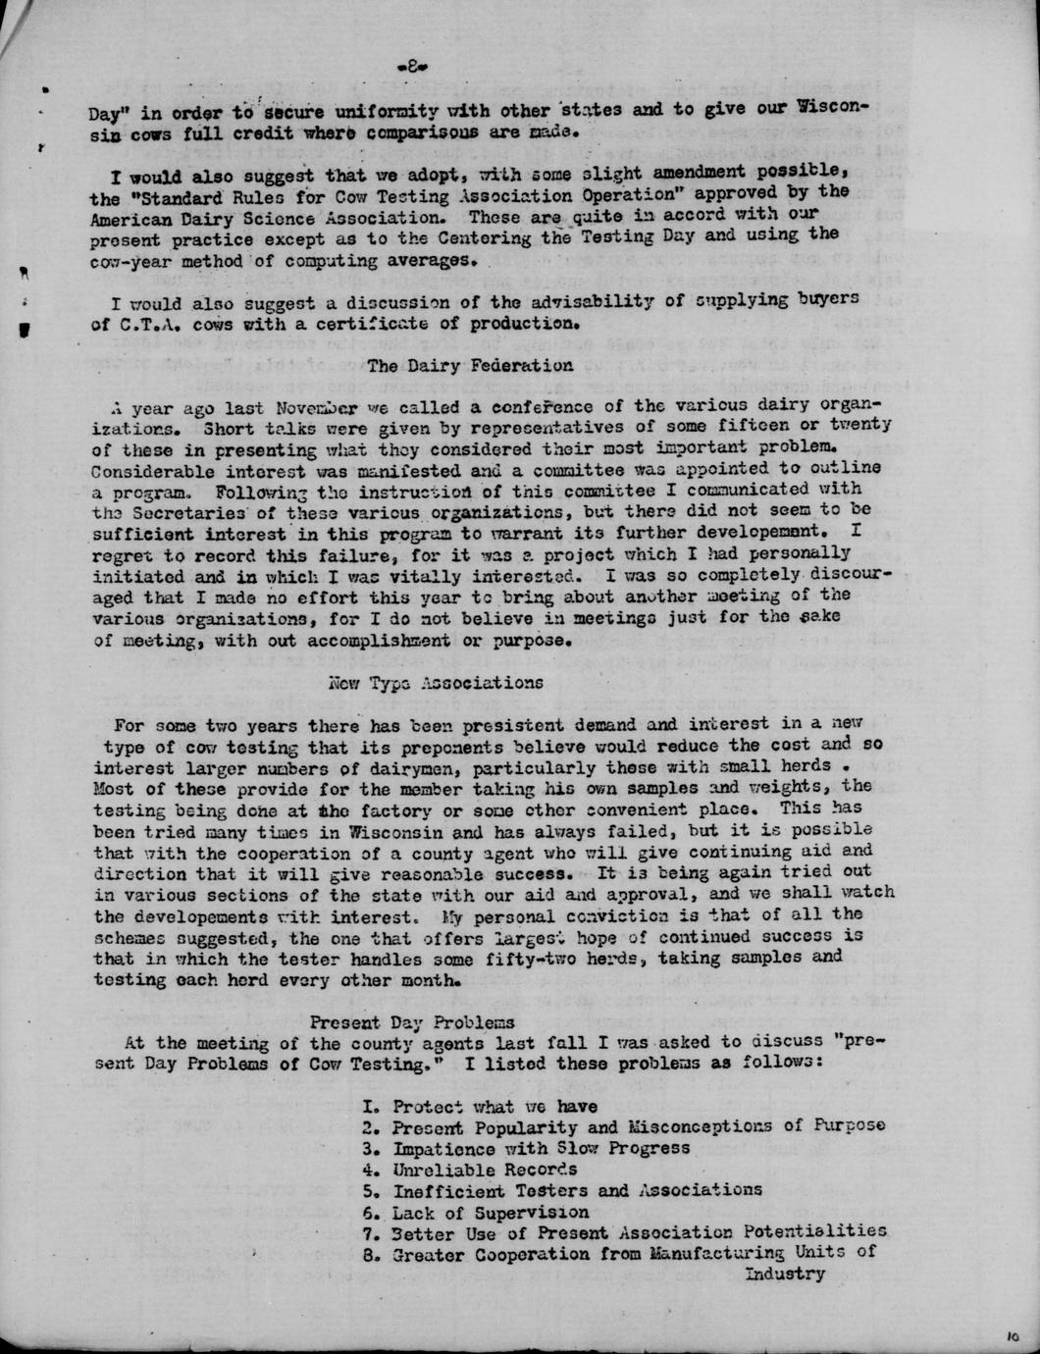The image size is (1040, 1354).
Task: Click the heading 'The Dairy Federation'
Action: (470, 366)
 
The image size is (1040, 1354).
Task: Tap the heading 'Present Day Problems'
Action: (412, 1022)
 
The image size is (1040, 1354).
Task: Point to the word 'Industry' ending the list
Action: (785, 1274)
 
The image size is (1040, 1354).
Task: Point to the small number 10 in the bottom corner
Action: (1013, 1335)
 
